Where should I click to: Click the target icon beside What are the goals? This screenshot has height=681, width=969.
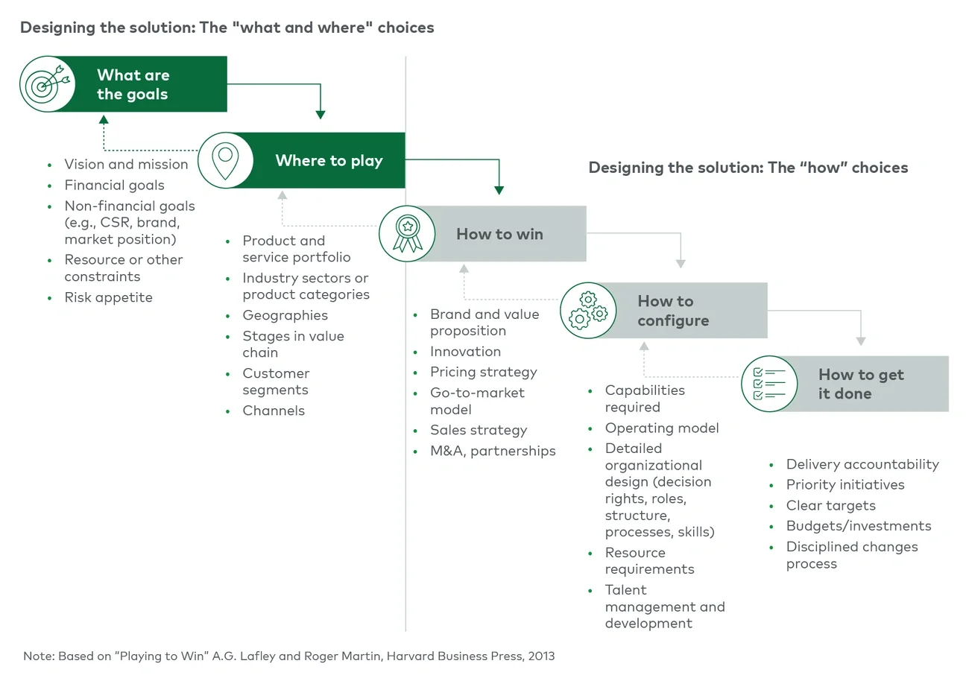click(47, 84)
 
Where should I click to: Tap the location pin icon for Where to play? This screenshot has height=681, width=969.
click(224, 160)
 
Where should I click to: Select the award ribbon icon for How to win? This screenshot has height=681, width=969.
click(407, 233)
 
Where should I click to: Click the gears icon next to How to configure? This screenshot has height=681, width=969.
click(588, 311)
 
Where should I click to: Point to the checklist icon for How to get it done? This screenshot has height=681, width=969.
click(768, 384)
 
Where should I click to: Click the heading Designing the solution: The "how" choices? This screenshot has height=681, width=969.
click(748, 168)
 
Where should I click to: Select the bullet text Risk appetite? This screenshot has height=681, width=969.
click(108, 297)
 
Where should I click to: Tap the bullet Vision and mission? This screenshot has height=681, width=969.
click(126, 165)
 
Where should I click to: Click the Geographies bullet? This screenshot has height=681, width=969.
click(285, 315)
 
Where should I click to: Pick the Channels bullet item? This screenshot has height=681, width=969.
click(274, 411)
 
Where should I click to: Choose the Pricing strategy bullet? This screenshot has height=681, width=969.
click(483, 372)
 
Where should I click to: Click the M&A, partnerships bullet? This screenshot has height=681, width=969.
click(493, 451)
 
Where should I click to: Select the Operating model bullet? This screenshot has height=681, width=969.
click(662, 428)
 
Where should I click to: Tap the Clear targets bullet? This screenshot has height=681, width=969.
click(830, 505)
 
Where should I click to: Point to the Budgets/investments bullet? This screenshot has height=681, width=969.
click(858, 526)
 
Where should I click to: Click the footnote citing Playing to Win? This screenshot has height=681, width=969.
click(289, 656)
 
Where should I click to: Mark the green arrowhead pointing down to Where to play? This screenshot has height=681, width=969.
click(321, 115)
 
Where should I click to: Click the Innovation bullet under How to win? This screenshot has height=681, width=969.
click(465, 352)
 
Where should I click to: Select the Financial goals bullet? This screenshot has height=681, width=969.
click(114, 186)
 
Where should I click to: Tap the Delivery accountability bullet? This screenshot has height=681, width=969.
click(862, 464)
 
